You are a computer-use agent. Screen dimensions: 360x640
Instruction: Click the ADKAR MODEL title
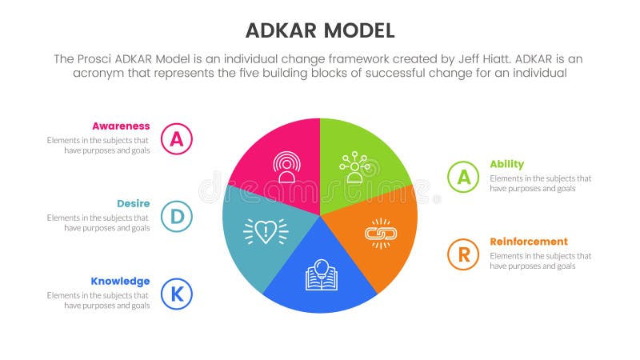[x=320, y=30]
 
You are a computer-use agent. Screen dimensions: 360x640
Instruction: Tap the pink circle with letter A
[x=176, y=138]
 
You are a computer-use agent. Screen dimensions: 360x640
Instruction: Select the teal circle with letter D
[x=176, y=216]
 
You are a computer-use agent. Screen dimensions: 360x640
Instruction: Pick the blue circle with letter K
[x=176, y=294]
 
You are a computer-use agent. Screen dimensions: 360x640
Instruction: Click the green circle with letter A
[x=463, y=177]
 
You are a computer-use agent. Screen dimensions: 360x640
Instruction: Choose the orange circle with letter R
[x=463, y=254]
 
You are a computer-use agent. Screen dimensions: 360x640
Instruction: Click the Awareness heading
[x=121, y=126]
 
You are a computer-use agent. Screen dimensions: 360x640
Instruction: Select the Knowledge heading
[x=120, y=281]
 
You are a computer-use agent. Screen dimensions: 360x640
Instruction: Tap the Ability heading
[x=506, y=164]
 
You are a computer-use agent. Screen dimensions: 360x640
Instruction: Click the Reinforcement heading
[x=529, y=242]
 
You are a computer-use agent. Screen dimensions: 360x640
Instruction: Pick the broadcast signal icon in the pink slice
[x=286, y=167]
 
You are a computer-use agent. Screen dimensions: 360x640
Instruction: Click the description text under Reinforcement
[x=540, y=261]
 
